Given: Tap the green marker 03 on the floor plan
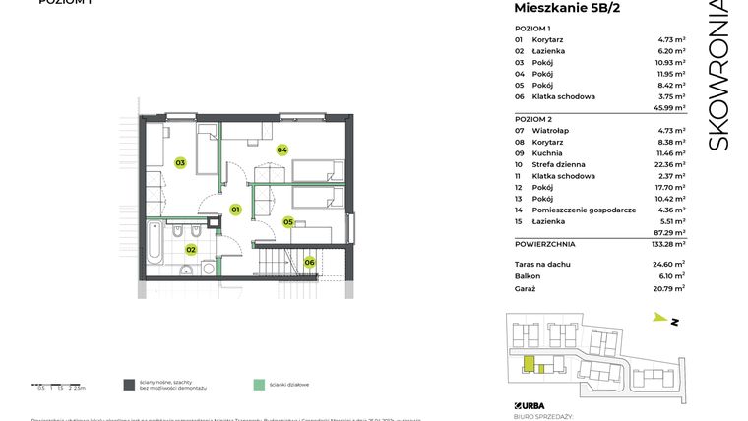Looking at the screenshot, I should [x=180, y=162].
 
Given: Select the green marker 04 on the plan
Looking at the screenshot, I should [x=281, y=150].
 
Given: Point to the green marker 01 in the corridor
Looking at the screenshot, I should [x=235, y=210].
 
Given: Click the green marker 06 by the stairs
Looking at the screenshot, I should [x=309, y=262].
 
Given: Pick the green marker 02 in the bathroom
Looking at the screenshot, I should [x=191, y=250].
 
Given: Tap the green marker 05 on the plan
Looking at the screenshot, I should [x=288, y=222].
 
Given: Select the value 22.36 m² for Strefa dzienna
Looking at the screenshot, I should [x=669, y=164].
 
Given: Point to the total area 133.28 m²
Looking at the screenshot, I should [x=666, y=243].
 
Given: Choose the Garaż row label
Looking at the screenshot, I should [x=525, y=288].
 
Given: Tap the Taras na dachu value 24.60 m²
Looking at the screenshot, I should [x=668, y=264].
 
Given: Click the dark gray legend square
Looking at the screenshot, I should [x=129, y=385].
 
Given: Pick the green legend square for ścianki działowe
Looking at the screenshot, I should [x=258, y=385].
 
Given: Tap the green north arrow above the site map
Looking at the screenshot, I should [x=660, y=318].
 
